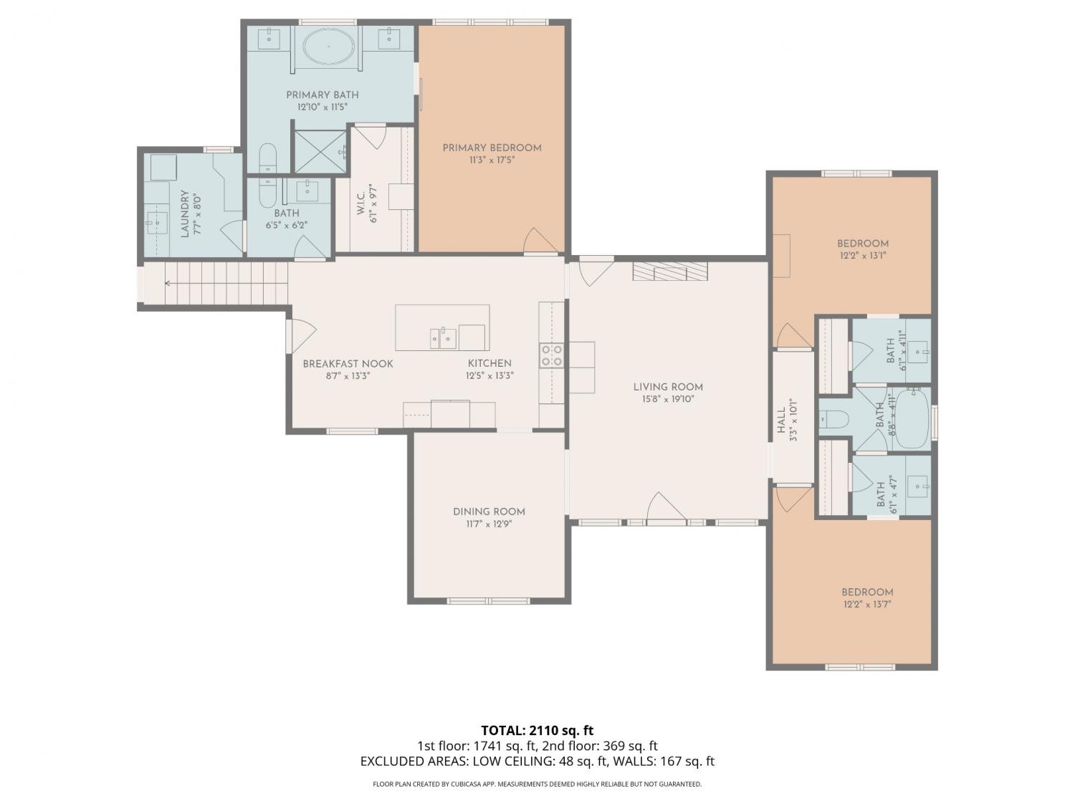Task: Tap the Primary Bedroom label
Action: pyautogui.click(x=492, y=148)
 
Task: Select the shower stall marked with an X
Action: pyautogui.click(x=320, y=152)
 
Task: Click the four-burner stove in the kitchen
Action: pyautogui.click(x=551, y=355)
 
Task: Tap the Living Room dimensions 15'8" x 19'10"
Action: pyautogui.click(x=668, y=399)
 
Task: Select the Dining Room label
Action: pyautogui.click(x=489, y=512)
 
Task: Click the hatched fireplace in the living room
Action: pyautogui.click(x=670, y=271)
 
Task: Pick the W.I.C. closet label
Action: pyautogui.click(x=360, y=203)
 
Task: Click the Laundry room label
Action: pyautogui.click(x=185, y=214)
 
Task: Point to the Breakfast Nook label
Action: pyautogui.click(x=348, y=364)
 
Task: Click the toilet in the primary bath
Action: pyautogui.click(x=267, y=158)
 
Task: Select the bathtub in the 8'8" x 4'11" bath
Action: pyautogui.click(x=912, y=418)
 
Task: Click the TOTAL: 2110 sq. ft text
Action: pyautogui.click(x=537, y=731)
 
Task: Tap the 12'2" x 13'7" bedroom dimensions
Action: pyautogui.click(x=867, y=605)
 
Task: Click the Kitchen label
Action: pyautogui.click(x=489, y=363)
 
